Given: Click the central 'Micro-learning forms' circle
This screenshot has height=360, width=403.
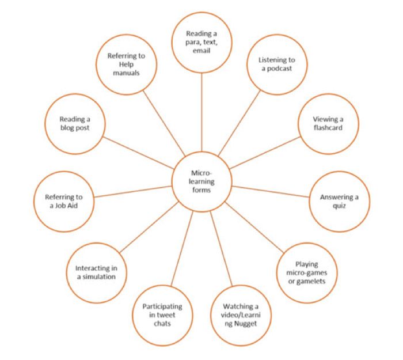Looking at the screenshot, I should tap(201, 180).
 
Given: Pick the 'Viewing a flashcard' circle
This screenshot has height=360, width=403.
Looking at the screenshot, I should tap(328, 123).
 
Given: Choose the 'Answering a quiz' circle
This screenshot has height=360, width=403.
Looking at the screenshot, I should tap(339, 202).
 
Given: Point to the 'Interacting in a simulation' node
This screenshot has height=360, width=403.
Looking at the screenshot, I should tap(95, 272).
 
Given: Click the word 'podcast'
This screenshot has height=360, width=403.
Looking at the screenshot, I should tap(276, 69).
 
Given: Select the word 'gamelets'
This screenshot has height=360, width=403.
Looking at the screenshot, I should tap(308, 281).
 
